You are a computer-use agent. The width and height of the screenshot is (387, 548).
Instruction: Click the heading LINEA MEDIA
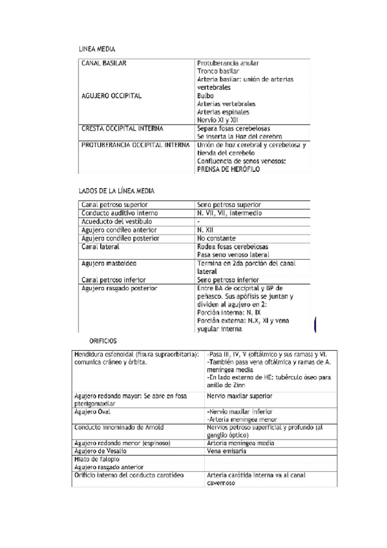coord(97,48)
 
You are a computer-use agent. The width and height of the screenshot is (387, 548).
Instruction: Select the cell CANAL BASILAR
coord(104,63)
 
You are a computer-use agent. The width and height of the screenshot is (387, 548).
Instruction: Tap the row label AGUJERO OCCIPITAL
coord(112,96)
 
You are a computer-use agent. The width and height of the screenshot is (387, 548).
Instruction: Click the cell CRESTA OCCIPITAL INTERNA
coord(122,128)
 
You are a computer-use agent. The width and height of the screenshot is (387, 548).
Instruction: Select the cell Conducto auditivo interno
coord(120,213)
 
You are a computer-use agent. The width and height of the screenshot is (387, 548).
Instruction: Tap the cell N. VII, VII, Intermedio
coord(229,213)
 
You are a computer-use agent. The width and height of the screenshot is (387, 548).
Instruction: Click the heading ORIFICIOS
coord(103,340)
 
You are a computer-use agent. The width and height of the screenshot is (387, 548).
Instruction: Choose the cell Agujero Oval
coord(95,412)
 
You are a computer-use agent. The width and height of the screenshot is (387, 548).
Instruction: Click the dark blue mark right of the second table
coord(315,323)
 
